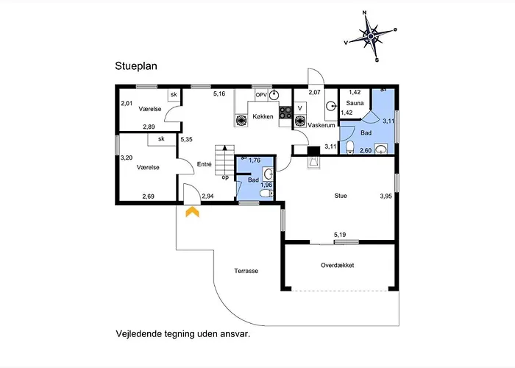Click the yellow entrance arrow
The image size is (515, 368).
click(x=193, y=212)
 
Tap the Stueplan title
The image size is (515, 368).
click(x=136, y=66)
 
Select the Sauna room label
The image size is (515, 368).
click(x=355, y=103)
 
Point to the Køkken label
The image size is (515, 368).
click(x=263, y=116)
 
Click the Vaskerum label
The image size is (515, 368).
click(x=322, y=125)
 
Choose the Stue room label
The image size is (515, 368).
click(x=341, y=196)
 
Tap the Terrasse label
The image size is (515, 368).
click(x=246, y=271)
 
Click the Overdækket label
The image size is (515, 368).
click(x=337, y=265)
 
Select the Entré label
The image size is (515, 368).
click(x=205, y=164)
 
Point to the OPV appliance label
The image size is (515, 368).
click(x=261, y=95)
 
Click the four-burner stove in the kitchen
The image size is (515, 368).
click(x=285, y=113)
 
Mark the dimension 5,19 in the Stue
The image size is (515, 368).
click(x=340, y=235)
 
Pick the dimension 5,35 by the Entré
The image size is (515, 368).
click(x=187, y=139)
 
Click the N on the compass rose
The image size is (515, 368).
click(x=364, y=13)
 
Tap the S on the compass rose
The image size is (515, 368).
click(x=377, y=60)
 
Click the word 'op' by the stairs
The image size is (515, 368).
click(x=225, y=177)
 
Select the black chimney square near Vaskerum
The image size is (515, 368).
click(x=313, y=150)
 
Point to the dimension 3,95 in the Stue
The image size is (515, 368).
click(x=386, y=197)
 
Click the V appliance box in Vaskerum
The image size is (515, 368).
click(x=300, y=108)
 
